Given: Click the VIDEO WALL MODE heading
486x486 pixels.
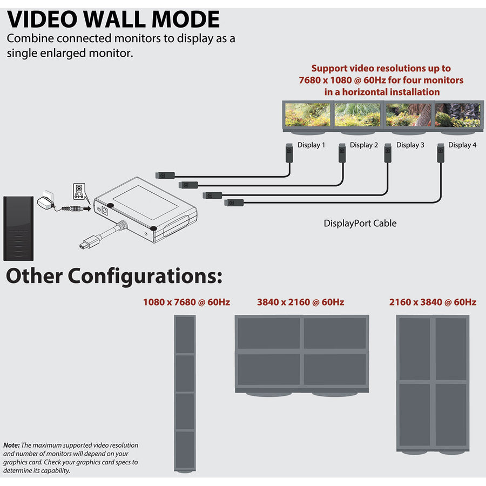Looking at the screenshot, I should coord(113,19).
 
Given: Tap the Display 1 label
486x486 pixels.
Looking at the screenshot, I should coord(312,145).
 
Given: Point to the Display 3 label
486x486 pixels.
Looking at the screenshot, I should coord(410,145).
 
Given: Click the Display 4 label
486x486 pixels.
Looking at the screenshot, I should coord(462,145).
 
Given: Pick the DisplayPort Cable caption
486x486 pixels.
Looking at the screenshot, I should coord(360,223).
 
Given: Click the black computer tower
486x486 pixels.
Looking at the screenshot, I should coord(19,228).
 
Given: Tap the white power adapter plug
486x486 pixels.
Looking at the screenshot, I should coord(45,201).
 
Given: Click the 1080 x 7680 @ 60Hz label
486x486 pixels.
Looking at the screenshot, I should coord(186,302).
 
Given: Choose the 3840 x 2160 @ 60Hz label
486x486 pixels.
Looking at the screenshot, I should coord(300,302).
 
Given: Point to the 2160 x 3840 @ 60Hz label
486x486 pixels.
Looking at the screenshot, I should coord(433,302).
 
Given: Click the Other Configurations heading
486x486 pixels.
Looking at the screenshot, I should coord(114,276).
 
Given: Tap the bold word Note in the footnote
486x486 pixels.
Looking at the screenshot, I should coord(11,445).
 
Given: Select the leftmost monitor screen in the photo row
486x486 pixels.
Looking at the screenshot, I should coord(308,114).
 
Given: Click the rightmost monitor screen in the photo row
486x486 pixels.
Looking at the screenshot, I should coord(457,114).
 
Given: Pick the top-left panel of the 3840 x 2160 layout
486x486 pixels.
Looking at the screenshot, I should coord(269,333).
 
